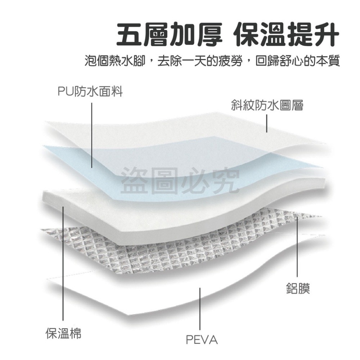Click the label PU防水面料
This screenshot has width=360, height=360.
[x=90, y=92]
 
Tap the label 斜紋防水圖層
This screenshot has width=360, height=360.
[x=267, y=105]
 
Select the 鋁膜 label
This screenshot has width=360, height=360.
[x=298, y=288]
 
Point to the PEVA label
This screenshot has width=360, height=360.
[x=202, y=339]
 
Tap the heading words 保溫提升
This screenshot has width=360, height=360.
[x=286, y=35]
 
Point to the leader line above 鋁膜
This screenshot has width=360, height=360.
[x=297, y=245]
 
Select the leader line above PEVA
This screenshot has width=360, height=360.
[x=200, y=313]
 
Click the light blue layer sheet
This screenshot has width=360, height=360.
[x=144, y=158]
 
